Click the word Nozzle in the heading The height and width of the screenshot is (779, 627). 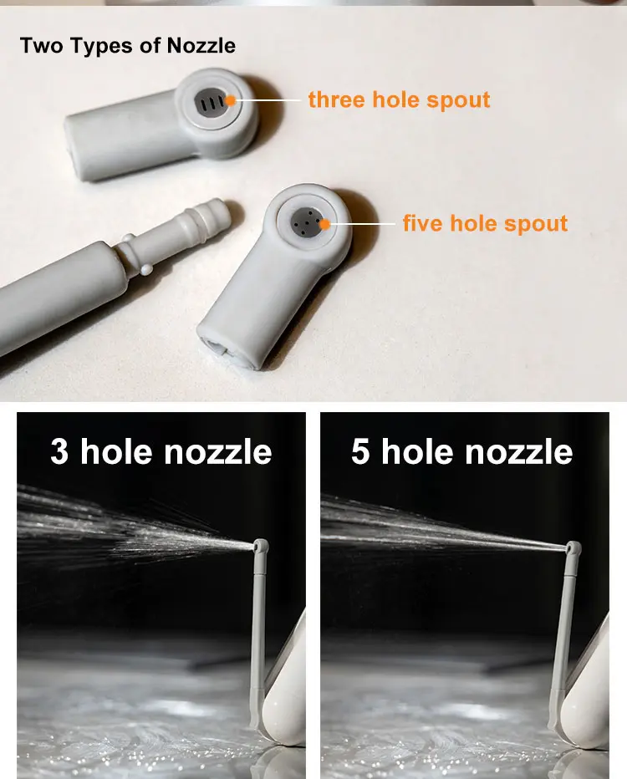click(x=201, y=46)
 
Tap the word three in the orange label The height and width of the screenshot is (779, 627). click(x=336, y=99)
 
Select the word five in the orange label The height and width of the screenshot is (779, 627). click(x=423, y=223)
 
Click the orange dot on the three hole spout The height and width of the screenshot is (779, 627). click(x=230, y=101)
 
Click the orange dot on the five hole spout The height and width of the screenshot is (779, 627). click(x=324, y=224)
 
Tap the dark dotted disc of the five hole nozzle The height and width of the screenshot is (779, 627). click(x=307, y=222)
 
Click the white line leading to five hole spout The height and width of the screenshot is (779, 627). click(x=363, y=224)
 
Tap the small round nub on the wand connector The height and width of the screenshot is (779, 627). click(x=146, y=270)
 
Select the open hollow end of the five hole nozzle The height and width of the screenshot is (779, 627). click(x=228, y=352)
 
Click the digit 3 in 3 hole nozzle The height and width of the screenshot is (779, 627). click(x=59, y=451)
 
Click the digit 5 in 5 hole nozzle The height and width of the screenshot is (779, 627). click(x=360, y=451)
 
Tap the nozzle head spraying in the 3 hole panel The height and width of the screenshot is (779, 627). click(x=260, y=547)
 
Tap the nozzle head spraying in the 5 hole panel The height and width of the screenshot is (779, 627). click(x=573, y=548)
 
